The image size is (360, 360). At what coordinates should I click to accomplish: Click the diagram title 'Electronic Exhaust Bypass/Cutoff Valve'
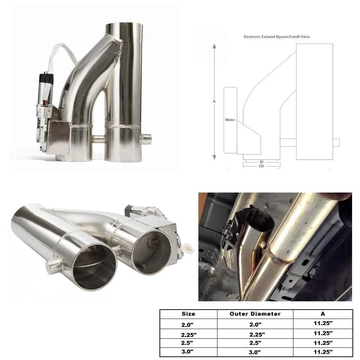[276, 37]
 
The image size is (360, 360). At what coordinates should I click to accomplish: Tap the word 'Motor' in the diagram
[230, 120]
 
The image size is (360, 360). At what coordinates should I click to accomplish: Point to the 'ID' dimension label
[261, 162]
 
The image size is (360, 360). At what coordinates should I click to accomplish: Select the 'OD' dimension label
[261, 166]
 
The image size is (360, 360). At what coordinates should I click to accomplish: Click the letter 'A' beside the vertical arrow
[214, 102]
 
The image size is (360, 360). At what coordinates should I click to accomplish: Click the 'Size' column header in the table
[188, 314]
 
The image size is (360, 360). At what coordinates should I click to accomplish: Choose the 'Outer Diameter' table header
[255, 314]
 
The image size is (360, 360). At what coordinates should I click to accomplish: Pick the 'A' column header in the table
[323, 314]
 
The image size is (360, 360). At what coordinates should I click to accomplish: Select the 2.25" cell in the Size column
[189, 335]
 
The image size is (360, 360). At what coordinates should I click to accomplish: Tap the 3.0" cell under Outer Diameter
[255, 352]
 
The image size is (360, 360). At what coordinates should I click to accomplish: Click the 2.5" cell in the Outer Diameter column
[255, 343]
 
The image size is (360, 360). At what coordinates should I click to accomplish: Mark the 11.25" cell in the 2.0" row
[323, 323]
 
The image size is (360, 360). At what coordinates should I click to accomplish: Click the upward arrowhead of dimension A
[215, 46]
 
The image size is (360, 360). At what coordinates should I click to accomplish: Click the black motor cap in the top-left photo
[46, 77]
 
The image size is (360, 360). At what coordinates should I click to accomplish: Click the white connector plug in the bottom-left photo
[186, 247]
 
